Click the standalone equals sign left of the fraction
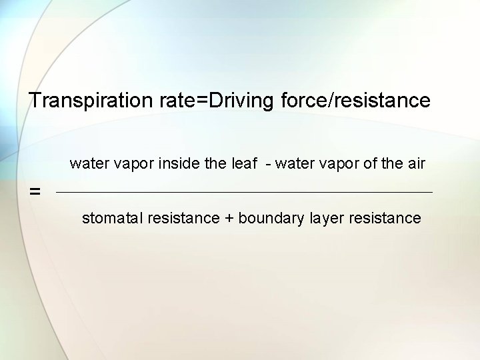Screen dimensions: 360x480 [x=35, y=192]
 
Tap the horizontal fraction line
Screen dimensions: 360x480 [x=244, y=193]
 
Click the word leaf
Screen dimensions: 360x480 [x=244, y=163]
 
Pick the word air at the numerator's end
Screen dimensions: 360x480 [x=415, y=163]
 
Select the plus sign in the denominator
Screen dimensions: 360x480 [x=229, y=218]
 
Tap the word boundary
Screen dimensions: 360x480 [x=269, y=218]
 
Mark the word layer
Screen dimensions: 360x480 [x=323, y=218]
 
